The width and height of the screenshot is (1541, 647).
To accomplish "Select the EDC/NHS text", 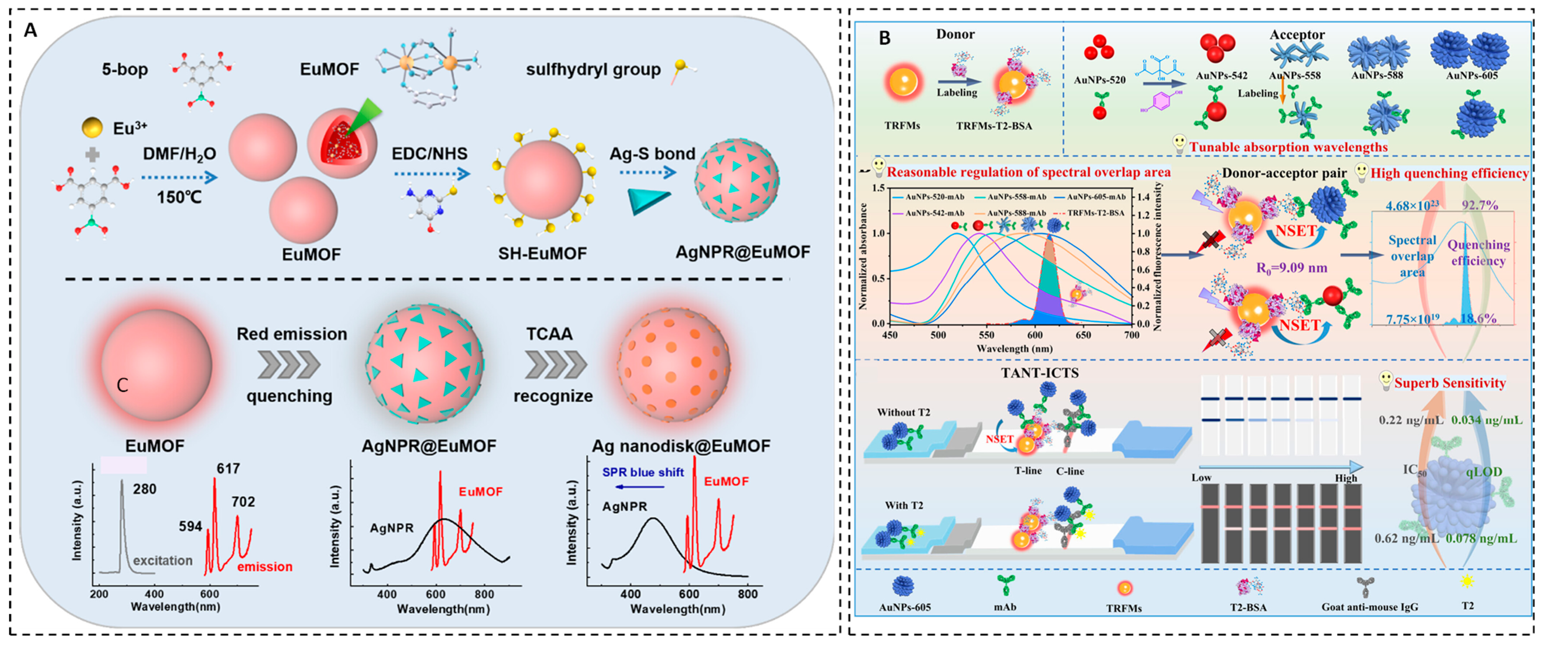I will tap(429, 154).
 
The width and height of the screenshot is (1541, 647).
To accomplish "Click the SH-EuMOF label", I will tap(543, 254).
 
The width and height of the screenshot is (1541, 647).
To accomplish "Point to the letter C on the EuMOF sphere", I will tap(123, 385).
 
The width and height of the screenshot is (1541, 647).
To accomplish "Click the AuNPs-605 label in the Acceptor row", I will tap(1472, 75).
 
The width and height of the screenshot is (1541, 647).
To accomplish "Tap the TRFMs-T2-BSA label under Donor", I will tap(993, 126).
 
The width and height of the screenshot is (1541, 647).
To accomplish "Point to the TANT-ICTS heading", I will tap(1040, 373).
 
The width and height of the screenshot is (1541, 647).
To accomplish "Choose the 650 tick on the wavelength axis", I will tap(1083, 335).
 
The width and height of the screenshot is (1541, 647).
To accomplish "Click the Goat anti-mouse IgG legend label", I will tap(1370, 607).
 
